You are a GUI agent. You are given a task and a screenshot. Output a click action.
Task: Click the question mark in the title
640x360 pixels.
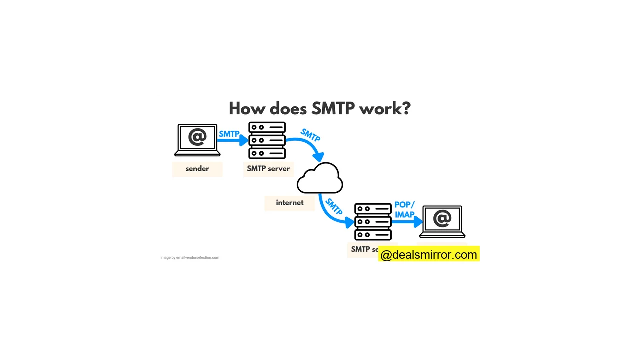click(x=405, y=108)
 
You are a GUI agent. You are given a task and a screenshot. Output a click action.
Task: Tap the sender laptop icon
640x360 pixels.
click(x=197, y=140)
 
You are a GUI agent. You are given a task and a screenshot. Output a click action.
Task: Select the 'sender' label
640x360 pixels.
click(x=197, y=169)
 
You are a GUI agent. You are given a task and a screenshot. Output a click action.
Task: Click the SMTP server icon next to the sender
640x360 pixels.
click(x=267, y=140)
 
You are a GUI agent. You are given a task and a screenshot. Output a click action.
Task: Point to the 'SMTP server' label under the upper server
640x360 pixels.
click(x=268, y=169)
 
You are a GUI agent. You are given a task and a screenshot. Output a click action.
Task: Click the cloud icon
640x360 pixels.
click(x=320, y=178)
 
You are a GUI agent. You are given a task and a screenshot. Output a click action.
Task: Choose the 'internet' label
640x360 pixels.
click(x=290, y=203)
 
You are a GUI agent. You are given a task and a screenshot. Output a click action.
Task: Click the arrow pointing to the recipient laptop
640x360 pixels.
click(x=407, y=222)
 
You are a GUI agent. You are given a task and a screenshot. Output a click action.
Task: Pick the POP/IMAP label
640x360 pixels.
click(x=404, y=210)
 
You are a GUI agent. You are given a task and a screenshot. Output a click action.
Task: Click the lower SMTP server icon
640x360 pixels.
click(x=373, y=222)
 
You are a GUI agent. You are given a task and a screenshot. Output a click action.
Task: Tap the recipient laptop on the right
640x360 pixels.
click(x=442, y=221)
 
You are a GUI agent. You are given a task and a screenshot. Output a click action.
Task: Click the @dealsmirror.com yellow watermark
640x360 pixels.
click(x=429, y=255)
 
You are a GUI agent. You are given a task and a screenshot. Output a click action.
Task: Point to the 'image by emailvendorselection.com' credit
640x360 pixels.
click(x=190, y=258)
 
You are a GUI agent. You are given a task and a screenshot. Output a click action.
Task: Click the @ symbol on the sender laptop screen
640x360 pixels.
click(x=197, y=137)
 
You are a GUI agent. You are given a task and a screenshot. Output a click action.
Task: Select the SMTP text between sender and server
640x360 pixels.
click(x=229, y=134)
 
